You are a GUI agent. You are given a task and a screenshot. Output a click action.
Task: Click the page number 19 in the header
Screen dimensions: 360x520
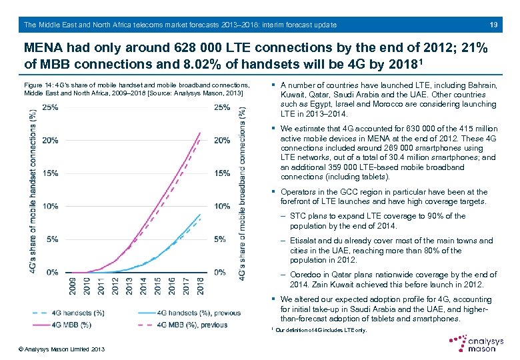pyautogui.click(x=494, y=25)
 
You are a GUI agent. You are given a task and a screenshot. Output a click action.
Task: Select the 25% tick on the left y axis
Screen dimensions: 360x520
pyautogui.click(x=49, y=108)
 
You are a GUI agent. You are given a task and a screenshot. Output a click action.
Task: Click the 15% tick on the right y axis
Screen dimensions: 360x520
pyautogui.click(x=223, y=173)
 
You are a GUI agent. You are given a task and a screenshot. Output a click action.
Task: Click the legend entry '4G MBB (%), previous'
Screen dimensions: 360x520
pyautogui.click(x=193, y=325)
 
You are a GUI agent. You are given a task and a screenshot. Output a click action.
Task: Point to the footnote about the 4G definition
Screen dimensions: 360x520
pyautogui.click(x=320, y=331)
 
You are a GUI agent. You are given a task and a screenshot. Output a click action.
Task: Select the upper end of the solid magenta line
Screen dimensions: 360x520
pyautogui.click(x=199, y=133)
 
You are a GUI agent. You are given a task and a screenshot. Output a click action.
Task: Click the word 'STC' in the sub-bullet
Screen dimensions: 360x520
pyautogui.click(x=298, y=216)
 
